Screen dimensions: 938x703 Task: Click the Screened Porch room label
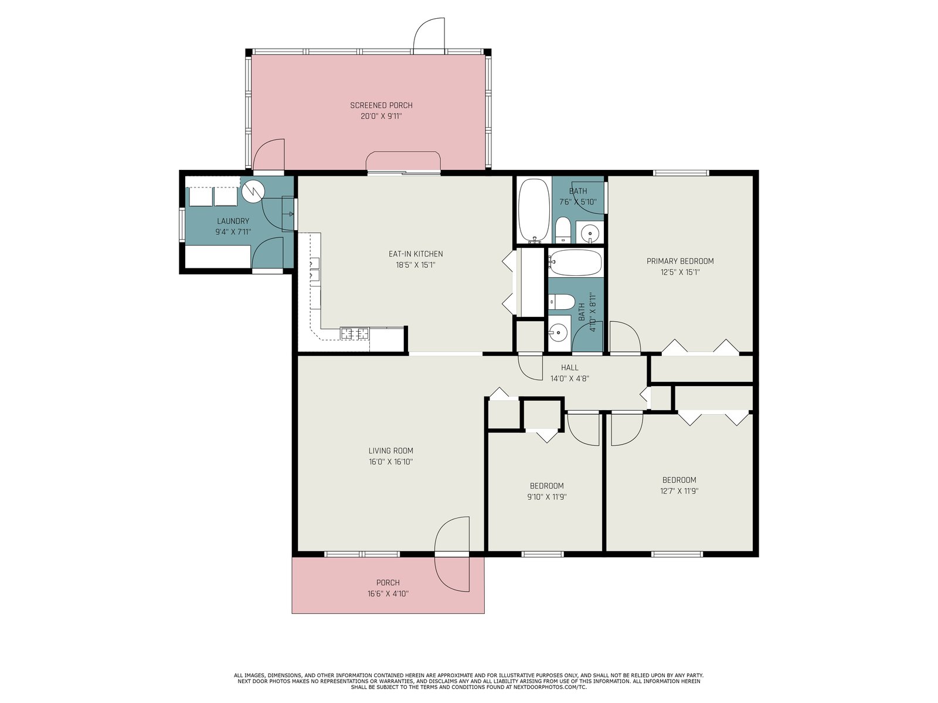pos(381,105)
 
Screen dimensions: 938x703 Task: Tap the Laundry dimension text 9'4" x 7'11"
pos(233,232)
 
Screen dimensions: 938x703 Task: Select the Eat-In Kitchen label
pos(416,254)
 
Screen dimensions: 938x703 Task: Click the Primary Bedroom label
pos(680,261)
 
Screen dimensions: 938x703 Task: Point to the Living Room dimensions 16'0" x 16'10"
pos(390,462)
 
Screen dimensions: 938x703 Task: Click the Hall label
pos(570,367)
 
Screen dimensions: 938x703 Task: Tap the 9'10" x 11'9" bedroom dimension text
pos(546,497)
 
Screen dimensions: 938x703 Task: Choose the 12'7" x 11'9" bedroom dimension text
pos(679,491)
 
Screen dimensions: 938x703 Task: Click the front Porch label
pos(388,583)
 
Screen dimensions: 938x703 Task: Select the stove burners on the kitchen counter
pos(354,333)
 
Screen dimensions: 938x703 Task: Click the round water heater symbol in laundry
pos(251,192)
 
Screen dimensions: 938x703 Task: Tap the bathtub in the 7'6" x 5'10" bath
pos(533,211)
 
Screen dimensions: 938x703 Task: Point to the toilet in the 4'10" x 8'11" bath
pos(561,302)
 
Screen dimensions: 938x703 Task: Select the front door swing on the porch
pos(451,554)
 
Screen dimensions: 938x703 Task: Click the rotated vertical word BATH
pos(582,312)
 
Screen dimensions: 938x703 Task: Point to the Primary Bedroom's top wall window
pos(681,173)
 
